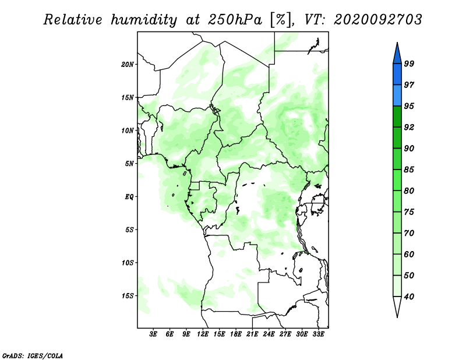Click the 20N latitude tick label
click(x=127, y=64)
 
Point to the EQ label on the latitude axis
click(x=129, y=196)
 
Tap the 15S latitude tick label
click(x=129, y=296)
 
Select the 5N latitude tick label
click(x=129, y=164)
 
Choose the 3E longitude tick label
click(x=153, y=334)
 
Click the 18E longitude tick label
click(x=236, y=334)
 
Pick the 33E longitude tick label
click(x=318, y=334)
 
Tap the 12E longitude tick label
click(x=203, y=334)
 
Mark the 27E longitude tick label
click(x=285, y=334)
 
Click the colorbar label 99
click(x=409, y=63)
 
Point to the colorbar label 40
click(x=409, y=297)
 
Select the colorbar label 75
click(x=409, y=211)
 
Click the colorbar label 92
click(x=409, y=127)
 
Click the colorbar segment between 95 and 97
click(x=397, y=96)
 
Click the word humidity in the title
click(x=144, y=20)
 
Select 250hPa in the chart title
click(x=235, y=20)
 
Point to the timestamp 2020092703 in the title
click(x=377, y=20)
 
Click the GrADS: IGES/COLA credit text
click(x=33, y=355)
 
